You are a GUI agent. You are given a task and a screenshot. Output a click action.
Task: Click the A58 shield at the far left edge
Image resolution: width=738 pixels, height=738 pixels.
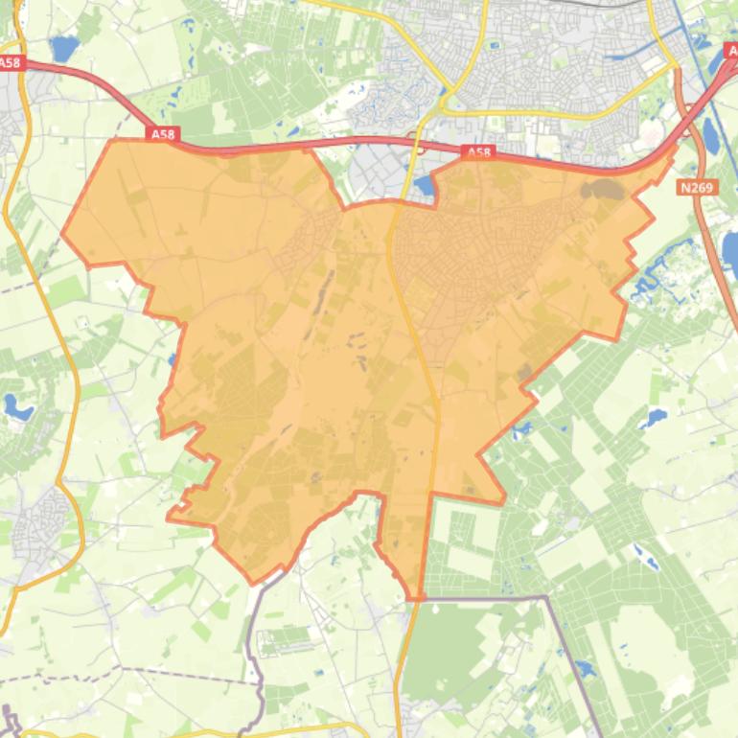click(x=10, y=63)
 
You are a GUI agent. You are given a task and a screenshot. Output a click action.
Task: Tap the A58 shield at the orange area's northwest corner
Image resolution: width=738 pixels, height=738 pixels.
click(x=163, y=135)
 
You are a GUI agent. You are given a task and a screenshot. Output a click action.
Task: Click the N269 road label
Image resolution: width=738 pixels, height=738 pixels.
click(x=697, y=188)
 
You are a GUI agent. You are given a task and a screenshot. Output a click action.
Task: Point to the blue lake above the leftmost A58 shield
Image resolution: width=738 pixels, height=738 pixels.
click(x=63, y=46)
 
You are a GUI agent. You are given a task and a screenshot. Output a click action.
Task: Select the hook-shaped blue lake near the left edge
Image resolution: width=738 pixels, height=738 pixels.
click(x=16, y=407)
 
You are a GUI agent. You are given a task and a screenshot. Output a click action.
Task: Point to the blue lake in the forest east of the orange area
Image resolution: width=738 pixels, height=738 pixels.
click(x=656, y=418)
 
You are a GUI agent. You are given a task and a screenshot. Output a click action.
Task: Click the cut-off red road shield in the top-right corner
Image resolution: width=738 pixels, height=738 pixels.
click(x=729, y=48)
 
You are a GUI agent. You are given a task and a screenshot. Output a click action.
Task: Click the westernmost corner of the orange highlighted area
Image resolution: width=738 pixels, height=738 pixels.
click(x=62, y=232)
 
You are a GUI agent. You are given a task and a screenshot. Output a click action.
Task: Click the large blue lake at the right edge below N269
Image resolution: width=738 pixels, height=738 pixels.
click(x=730, y=251)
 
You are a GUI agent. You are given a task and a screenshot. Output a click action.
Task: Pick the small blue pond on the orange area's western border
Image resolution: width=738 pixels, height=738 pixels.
click(x=172, y=360)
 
